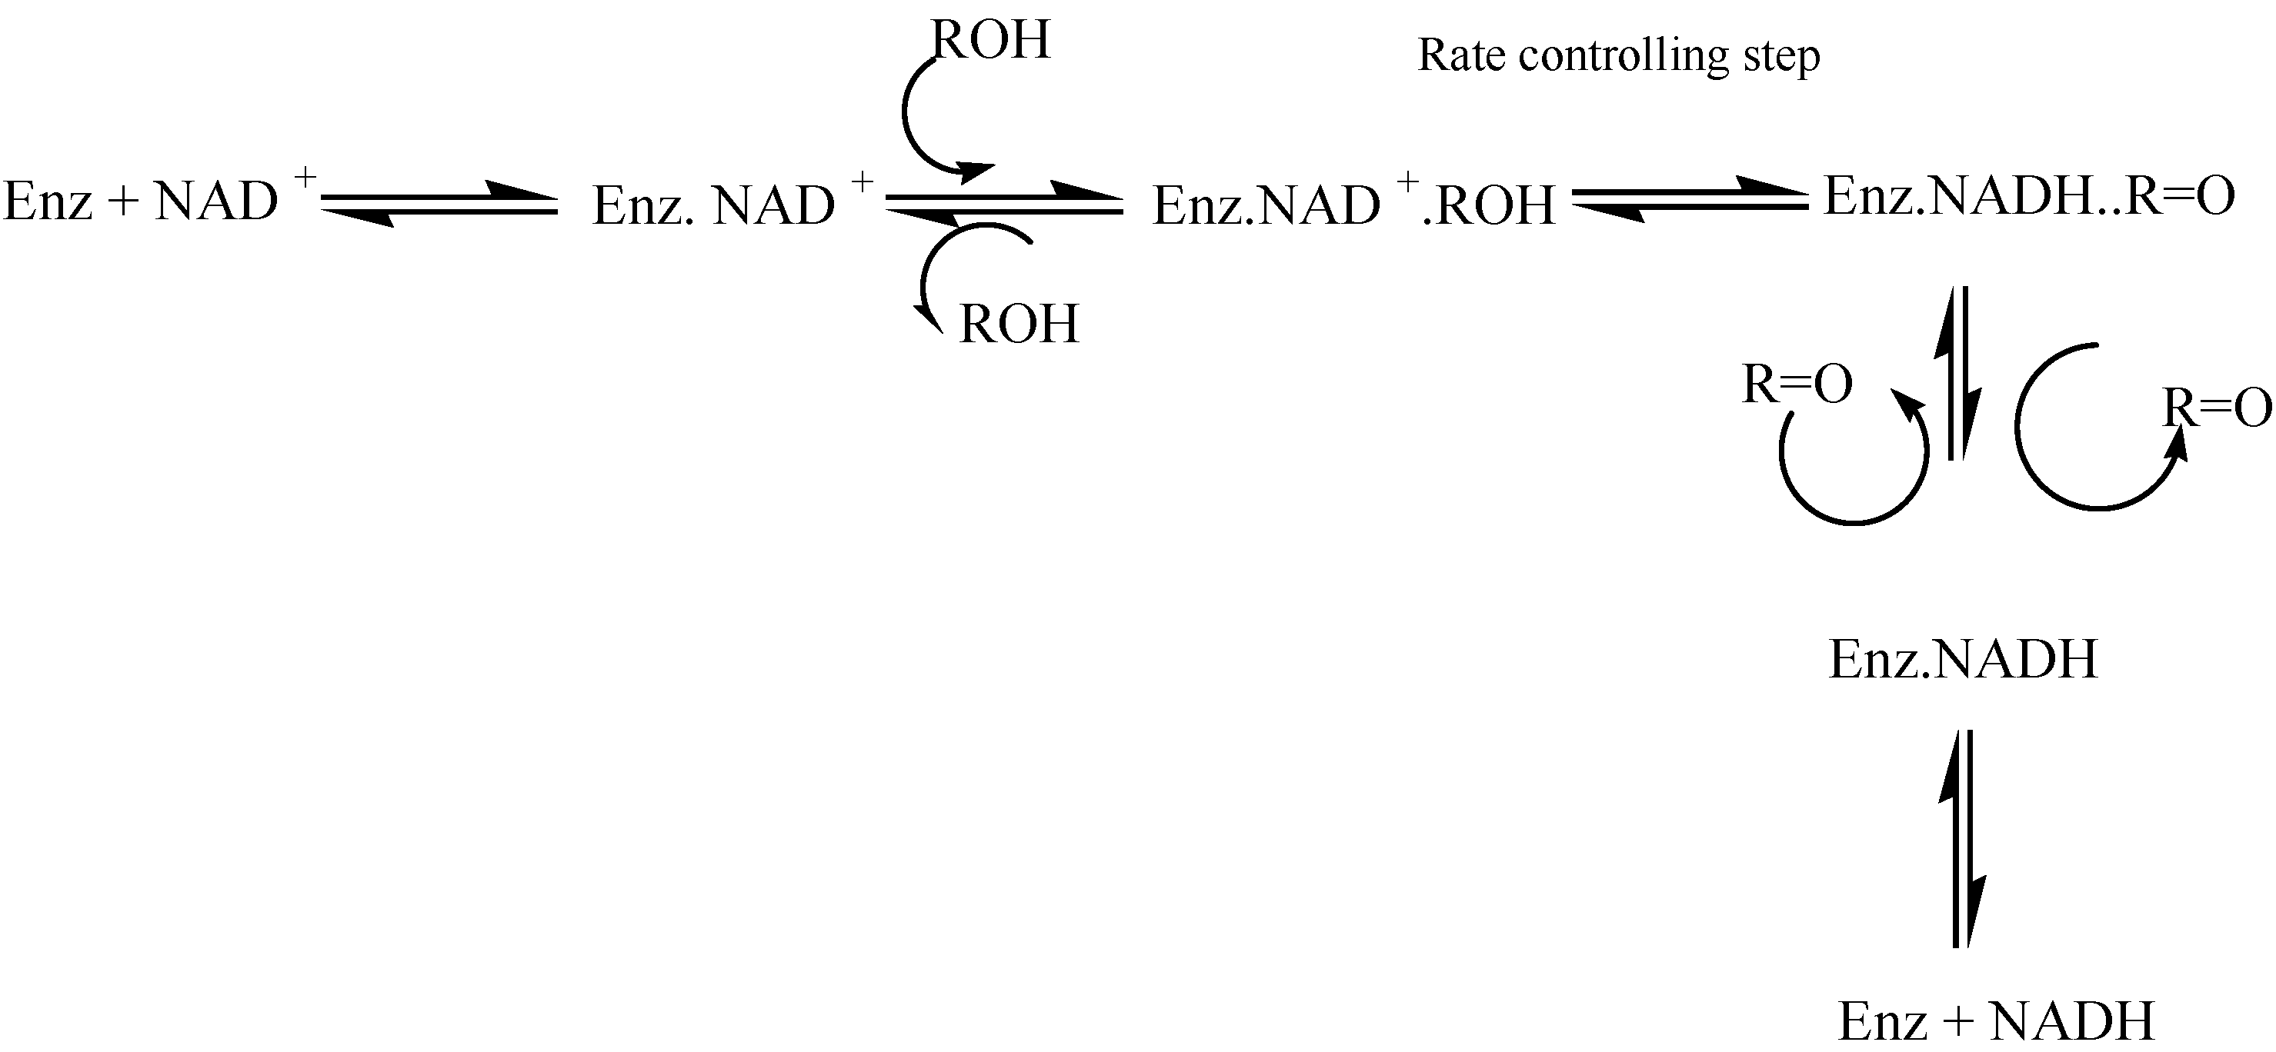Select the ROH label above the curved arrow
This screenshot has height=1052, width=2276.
pyautogui.click(x=990, y=40)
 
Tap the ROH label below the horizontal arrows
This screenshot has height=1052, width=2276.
pyautogui.click(x=1019, y=325)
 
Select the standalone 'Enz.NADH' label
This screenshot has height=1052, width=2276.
pyautogui.click(x=1962, y=659)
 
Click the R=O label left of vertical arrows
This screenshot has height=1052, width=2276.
pyautogui.click(x=1796, y=385)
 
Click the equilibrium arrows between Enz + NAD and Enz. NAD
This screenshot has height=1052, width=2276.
pyautogui.click(x=439, y=203)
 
